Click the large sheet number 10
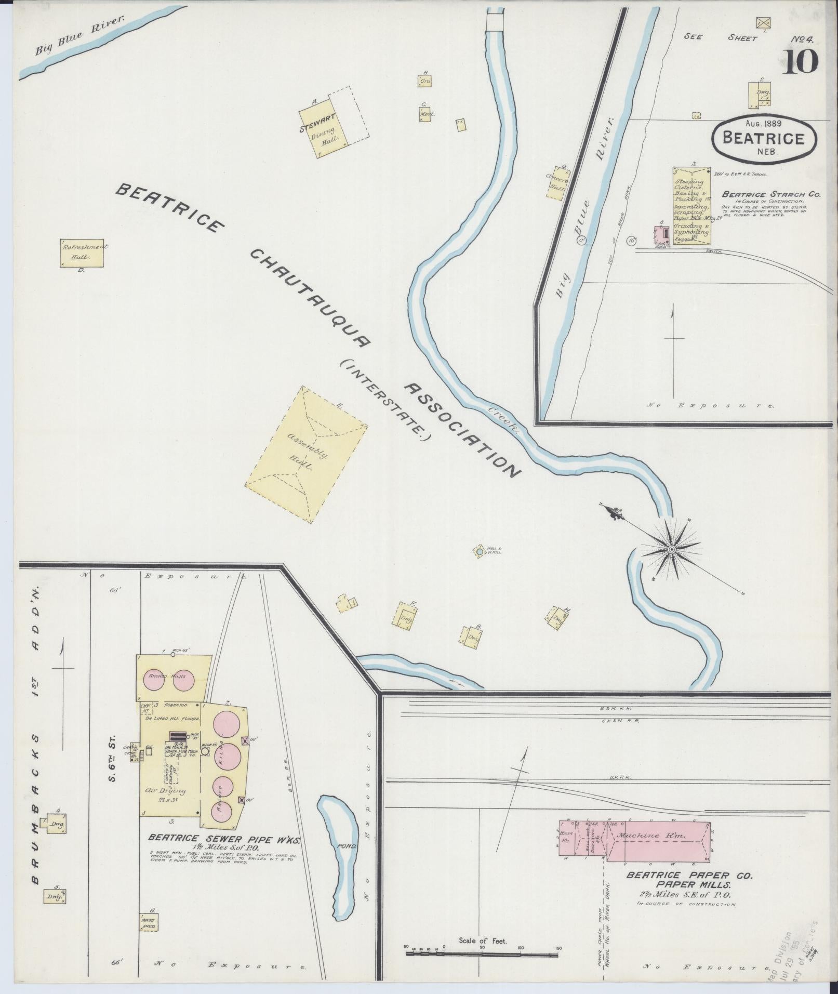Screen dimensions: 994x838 (x=799, y=62)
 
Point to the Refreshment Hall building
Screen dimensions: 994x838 (x=82, y=253)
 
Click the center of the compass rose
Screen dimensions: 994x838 (x=672, y=549)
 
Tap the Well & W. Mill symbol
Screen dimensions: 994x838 (x=478, y=551)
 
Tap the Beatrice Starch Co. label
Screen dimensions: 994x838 (x=771, y=194)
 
